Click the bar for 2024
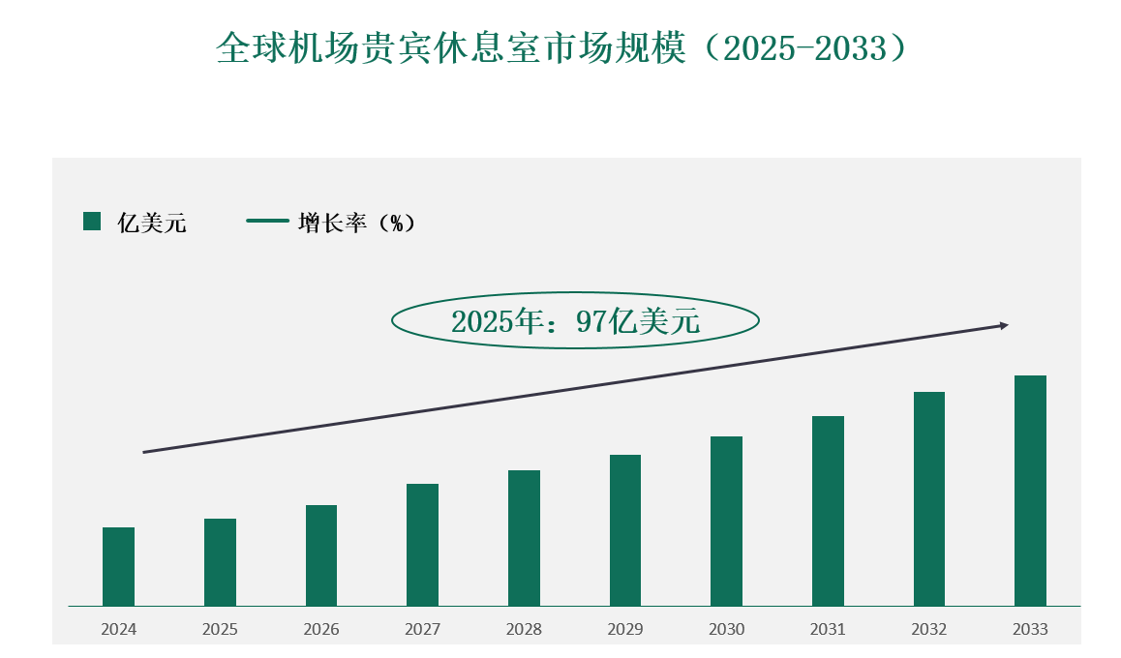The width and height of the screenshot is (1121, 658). click(x=118, y=567)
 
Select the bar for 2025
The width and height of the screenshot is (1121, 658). click(x=220, y=562)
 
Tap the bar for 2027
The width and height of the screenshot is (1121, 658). click(x=422, y=545)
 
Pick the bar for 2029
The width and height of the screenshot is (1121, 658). click(x=625, y=530)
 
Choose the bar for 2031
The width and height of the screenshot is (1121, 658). click(x=828, y=511)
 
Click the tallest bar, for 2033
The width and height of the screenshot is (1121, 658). click(x=1030, y=491)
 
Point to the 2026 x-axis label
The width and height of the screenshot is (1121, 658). click(x=321, y=629)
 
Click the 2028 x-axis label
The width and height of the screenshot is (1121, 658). click(x=524, y=629)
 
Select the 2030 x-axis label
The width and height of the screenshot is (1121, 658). click(x=726, y=629)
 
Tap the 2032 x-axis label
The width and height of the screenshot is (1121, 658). click(x=929, y=629)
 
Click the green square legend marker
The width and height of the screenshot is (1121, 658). click(x=92, y=222)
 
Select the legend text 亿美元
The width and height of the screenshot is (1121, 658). click(x=152, y=224)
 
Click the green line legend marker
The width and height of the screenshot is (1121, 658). click(x=268, y=221)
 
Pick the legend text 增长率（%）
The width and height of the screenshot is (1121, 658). click(x=357, y=223)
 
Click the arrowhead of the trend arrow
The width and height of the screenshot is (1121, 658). click(x=1004, y=325)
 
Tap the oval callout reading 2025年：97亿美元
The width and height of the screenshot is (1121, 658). click(x=575, y=321)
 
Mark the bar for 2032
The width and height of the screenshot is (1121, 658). click(x=929, y=499)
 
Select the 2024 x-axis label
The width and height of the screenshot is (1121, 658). click(x=118, y=629)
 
